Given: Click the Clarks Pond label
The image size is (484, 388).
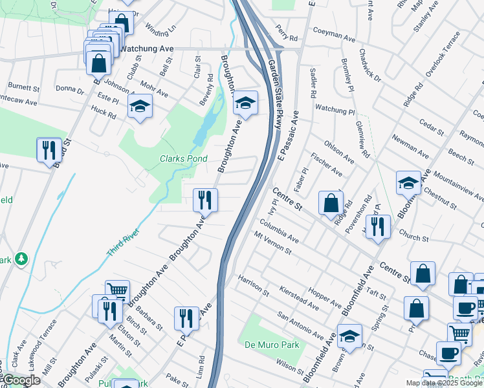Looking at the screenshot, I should pos(184,158).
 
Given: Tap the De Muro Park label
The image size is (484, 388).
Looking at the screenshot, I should pos(272,345).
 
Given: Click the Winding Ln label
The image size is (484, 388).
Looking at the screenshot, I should pos(160,30).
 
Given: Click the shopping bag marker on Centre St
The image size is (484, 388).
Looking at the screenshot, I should pos(331,203).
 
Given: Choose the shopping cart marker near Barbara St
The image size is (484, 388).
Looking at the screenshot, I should pos(117,292).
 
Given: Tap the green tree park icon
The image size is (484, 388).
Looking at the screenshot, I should pos(23,259).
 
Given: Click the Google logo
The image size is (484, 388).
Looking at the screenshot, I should pos(21,380).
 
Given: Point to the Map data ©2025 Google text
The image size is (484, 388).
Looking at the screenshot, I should pos(443,383).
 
